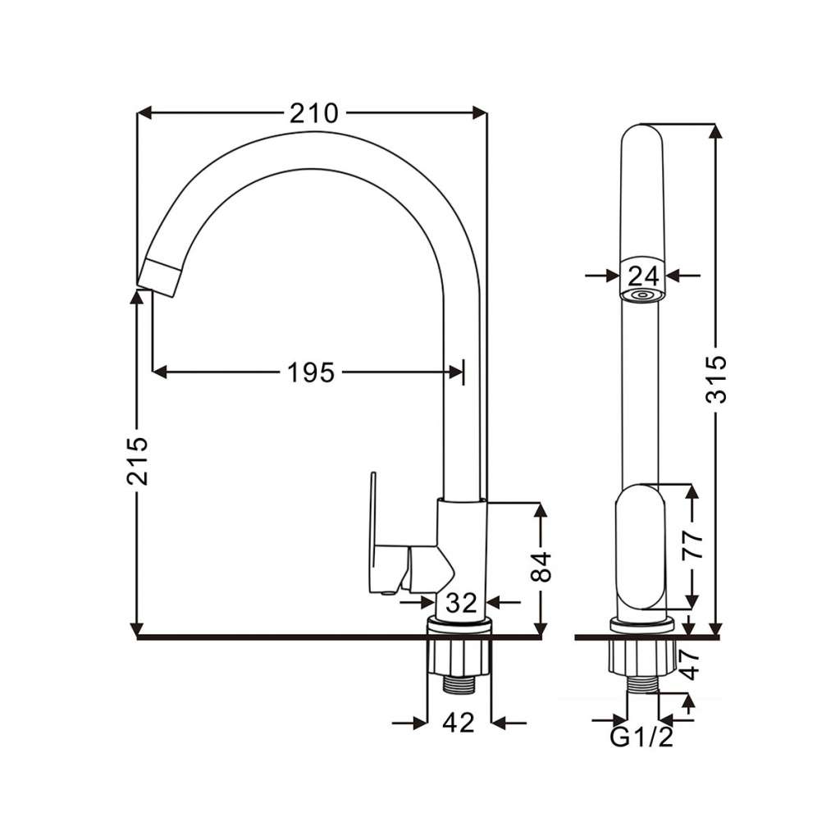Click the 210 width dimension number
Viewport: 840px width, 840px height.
pos(314,113)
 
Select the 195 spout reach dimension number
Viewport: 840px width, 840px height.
pos(311,372)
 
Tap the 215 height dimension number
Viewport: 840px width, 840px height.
pos(137,461)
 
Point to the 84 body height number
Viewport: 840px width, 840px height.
pos(541,567)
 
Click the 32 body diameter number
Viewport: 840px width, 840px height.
pos(461,603)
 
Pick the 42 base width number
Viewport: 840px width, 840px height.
pos(459,723)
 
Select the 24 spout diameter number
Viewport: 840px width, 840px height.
pos(643,276)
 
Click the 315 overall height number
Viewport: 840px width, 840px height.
pos(715,379)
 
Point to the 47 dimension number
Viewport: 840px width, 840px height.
pos(690,664)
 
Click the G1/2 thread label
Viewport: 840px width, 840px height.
pos(641,737)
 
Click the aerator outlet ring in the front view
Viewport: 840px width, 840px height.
pos(641,295)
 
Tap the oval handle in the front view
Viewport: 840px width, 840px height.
pos(640,546)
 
